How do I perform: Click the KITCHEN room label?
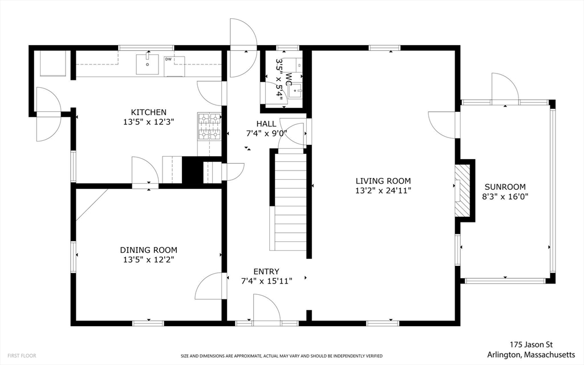(149, 112)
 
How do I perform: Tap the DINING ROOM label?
(149, 250)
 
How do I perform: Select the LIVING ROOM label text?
(383, 181)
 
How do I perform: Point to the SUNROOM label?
(505, 187)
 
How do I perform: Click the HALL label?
(266, 124)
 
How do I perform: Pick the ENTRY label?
(266, 271)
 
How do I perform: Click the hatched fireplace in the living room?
(462, 190)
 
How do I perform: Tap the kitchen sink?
(147, 64)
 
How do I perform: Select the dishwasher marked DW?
(175, 66)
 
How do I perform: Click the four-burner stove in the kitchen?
(209, 127)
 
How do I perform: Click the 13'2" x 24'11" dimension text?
(383, 190)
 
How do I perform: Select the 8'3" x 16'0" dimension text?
(505, 197)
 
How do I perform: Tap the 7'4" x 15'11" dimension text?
(266, 281)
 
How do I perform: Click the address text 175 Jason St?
(531, 344)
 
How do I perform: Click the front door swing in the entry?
(266, 307)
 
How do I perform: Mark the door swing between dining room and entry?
(209, 286)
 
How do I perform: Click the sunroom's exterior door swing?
(505, 87)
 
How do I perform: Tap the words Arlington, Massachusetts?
(531, 354)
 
